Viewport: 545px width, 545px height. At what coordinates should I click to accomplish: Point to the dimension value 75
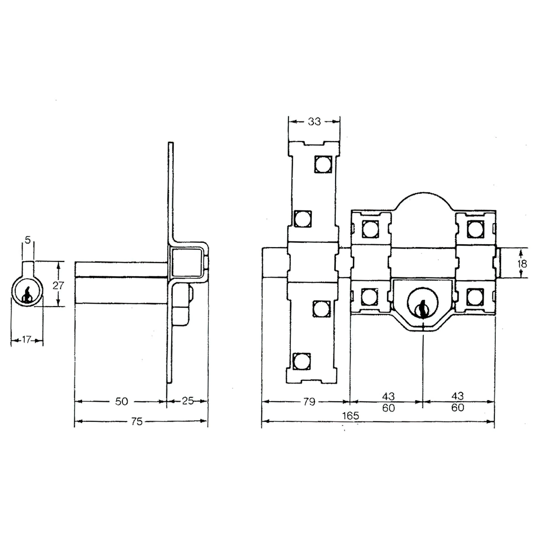pos(137,421)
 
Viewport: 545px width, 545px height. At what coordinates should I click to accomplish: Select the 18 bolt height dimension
pos(522,264)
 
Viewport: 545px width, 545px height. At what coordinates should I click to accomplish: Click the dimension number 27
pos(58,285)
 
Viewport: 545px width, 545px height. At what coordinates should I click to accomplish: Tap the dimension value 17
pos(26,340)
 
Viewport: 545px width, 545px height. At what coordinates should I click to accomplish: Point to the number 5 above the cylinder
pos(28,240)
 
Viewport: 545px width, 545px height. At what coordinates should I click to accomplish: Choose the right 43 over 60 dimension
pos(458,402)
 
